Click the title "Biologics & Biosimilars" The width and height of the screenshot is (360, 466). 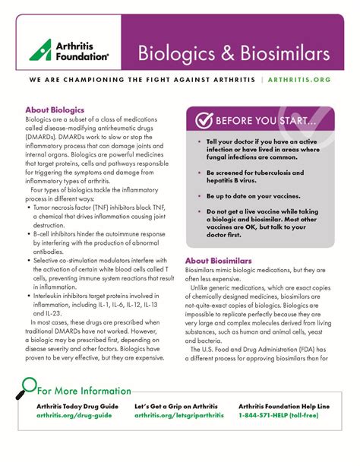click(x=233, y=53)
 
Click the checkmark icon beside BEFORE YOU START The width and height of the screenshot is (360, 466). click(x=203, y=120)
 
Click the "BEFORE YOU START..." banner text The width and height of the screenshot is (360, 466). click(x=266, y=121)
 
